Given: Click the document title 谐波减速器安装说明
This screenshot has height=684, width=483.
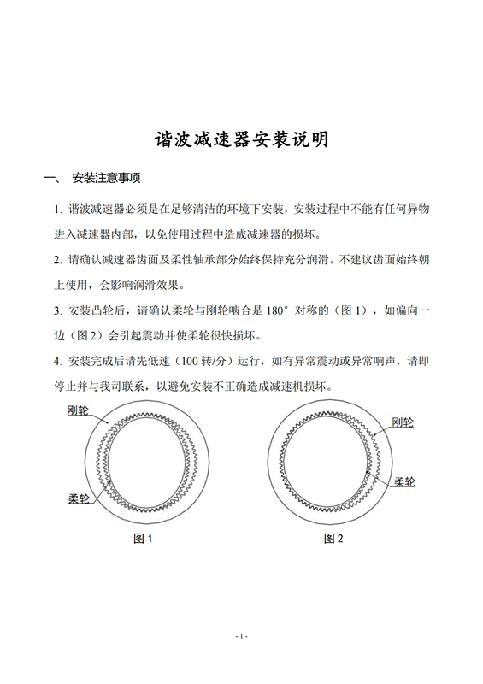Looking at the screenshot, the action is pos(241,140).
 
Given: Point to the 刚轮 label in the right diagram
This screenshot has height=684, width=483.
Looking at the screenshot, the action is pos(403,422).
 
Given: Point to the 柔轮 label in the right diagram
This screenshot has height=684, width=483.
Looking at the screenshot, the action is pos(404,482).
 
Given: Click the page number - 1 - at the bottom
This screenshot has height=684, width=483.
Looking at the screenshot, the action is pos(241,635).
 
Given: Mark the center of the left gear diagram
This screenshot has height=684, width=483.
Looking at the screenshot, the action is pos(144,463).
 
